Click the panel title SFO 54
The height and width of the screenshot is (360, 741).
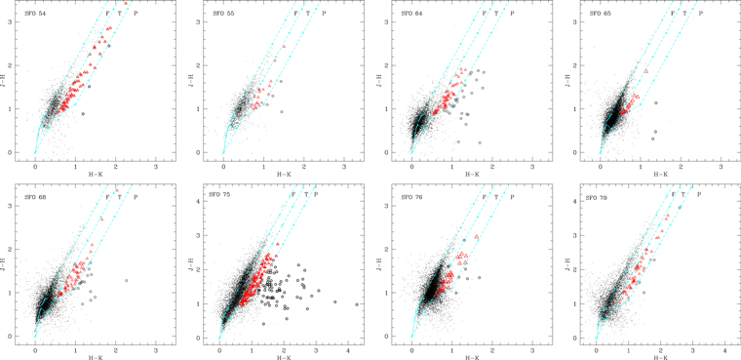36,13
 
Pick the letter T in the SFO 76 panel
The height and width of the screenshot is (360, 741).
495,195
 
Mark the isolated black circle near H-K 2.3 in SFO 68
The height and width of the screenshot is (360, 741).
126,281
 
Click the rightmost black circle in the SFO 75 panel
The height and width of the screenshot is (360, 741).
356,304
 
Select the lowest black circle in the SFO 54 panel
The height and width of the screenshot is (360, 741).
83,114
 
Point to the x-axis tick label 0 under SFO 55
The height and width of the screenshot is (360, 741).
223,165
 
